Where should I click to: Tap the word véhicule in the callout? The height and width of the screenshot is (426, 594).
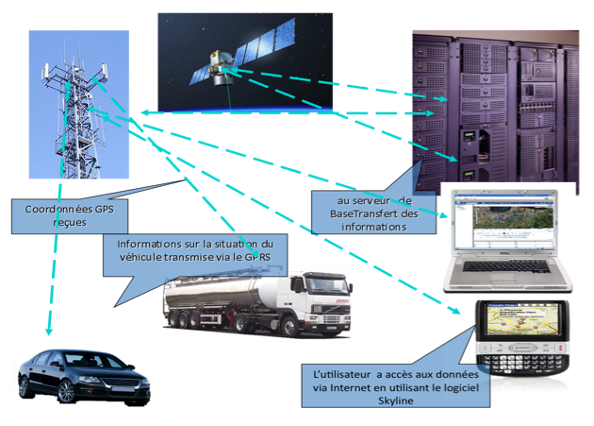pyautogui.click(x=146, y=255)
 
